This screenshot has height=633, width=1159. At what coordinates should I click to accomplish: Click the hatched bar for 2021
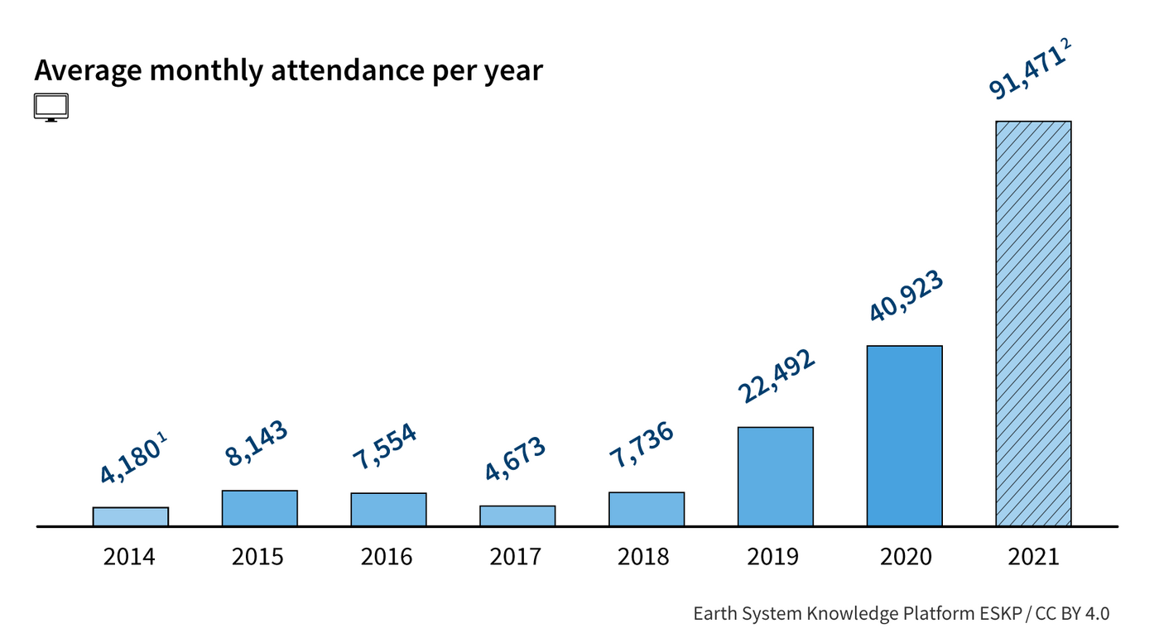click(x=1033, y=324)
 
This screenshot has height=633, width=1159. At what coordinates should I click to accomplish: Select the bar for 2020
click(x=904, y=436)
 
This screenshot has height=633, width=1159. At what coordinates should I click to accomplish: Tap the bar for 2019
click(x=775, y=477)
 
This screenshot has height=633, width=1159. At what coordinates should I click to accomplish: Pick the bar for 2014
click(x=130, y=516)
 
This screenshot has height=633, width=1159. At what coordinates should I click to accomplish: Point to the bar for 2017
click(x=517, y=516)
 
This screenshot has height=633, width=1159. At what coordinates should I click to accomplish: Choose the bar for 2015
click(x=259, y=508)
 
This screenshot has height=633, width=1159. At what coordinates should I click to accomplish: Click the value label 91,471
click(x=1023, y=75)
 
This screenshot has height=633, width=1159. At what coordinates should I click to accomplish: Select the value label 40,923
click(x=906, y=296)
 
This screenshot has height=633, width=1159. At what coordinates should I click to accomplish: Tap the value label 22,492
click(x=777, y=376)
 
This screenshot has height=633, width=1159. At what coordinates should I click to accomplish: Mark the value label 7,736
click(x=642, y=446)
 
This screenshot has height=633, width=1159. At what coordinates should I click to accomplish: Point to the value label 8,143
click(x=256, y=444)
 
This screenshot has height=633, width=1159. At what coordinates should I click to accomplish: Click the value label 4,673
click(x=515, y=458)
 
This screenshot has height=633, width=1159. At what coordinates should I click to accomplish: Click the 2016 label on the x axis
click(x=387, y=556)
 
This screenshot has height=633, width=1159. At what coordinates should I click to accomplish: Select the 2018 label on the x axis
click(x=643, y=556)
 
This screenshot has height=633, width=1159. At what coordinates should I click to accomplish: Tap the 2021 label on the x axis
click(x=1033, y=556)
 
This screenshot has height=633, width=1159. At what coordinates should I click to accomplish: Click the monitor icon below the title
click(x=51, y=108)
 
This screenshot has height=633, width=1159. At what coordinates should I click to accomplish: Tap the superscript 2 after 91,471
click(x=1067, y=44)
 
